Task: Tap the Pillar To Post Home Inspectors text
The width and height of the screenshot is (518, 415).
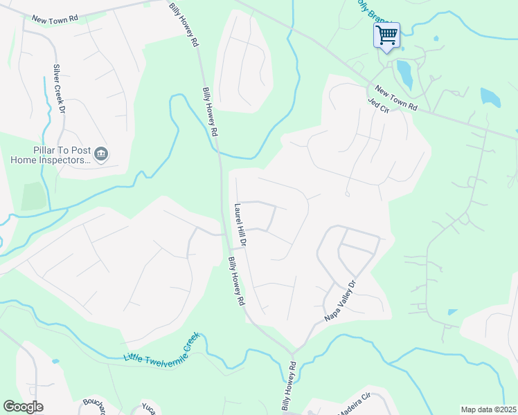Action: (51, 155)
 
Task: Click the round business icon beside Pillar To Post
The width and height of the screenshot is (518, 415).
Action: (101, 154)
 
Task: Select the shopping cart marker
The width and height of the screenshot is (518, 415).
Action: (386, 35)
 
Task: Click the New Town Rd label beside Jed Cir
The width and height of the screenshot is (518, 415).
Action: (396, 98)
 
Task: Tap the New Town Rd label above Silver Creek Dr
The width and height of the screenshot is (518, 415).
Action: (53, 15)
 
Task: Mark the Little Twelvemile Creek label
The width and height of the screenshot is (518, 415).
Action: (161, 349)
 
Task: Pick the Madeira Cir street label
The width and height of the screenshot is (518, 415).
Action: (355, 404)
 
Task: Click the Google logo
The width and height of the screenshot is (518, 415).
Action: (23, 407)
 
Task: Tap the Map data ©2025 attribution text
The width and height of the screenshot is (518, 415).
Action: (488, 409)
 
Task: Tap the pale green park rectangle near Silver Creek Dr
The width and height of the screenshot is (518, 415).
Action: (32, 196)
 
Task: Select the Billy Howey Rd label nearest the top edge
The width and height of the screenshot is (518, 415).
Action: (184, 25)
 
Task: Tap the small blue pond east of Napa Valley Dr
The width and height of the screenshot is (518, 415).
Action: (452, 312)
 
